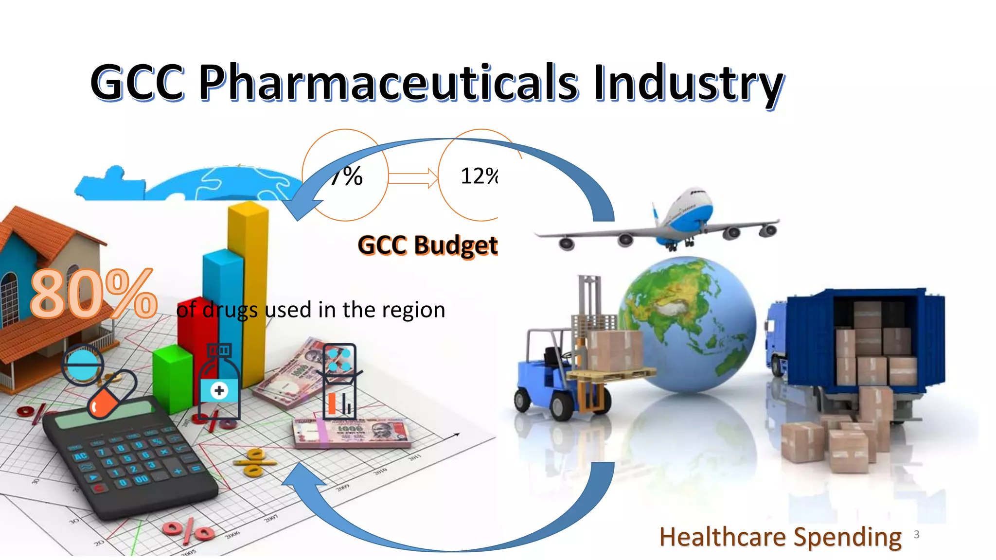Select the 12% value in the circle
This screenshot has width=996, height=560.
pyautogui.click(x=479, y=176)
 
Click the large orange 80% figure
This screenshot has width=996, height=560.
pyautogui.click(x=93, y=294)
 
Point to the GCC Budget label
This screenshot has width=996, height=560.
pyautogui.click(x=427, y=245)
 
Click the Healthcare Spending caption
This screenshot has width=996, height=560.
pyautogui.click(x=780, y=537)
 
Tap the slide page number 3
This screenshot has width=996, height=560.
pyautogui.click(x=917, y=534)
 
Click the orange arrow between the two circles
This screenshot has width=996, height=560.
pyautogui.click(x=413, y=177)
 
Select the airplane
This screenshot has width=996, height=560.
pyautogui.click(x=676, y=221)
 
